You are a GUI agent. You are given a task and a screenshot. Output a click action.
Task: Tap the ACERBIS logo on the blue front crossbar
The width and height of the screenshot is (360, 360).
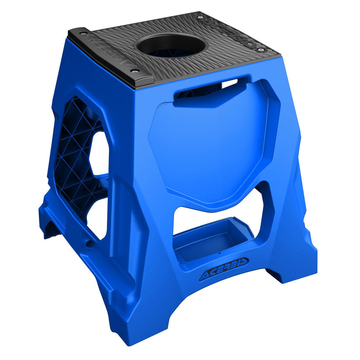tap(224, 269)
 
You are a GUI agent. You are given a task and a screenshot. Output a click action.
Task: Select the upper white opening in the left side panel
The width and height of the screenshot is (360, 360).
tap(99, 153)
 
